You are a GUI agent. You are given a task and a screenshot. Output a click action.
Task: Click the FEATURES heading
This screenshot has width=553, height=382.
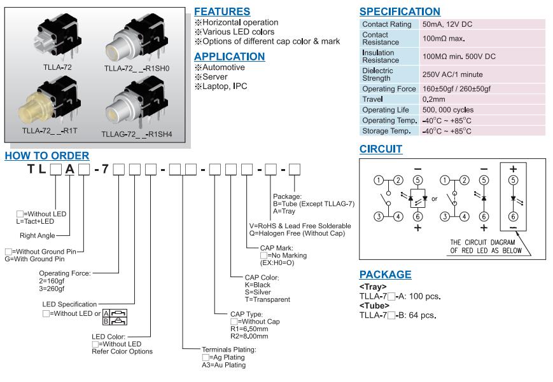(221, 11)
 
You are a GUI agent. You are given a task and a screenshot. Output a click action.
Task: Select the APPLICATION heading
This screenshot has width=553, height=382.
(229, 56)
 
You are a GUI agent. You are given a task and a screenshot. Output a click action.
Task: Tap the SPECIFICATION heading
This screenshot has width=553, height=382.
(399, 11)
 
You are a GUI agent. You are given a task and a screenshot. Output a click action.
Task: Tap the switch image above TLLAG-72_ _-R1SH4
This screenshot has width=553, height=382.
(134, 102)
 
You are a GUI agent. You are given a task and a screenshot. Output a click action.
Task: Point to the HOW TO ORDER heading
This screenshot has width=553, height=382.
(46, 156)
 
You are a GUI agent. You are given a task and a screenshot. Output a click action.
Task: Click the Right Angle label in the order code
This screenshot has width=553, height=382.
(38, 235)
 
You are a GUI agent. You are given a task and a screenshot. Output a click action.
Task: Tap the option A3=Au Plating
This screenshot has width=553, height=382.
(223, 365)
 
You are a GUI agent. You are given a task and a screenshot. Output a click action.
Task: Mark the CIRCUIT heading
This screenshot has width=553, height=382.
(381, 149)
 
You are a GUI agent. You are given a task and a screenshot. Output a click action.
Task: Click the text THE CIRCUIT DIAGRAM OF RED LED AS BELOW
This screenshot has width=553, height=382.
(486, 247)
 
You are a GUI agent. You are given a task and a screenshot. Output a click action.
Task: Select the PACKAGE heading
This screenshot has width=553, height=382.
(385, 275)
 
